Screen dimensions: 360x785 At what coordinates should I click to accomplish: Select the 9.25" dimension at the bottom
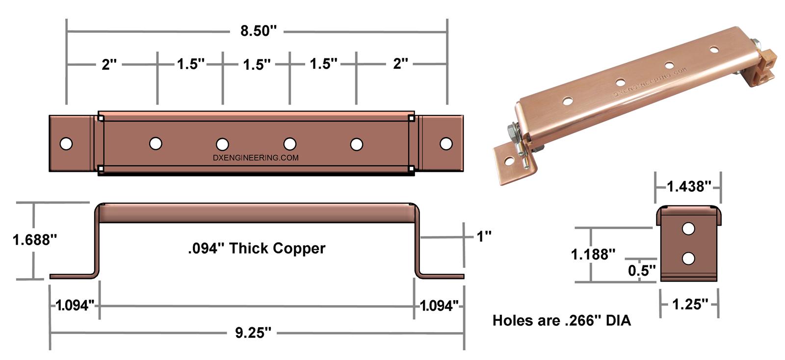click(x=253, y=334)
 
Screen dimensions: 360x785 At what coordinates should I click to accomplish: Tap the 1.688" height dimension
click(x=35, y=240)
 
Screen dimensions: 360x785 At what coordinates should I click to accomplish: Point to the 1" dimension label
click(x=484, y=236)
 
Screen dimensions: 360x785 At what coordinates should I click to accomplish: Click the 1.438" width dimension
click(x=689, y=186)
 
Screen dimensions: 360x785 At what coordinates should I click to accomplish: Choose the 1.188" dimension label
click(x=593, y=255)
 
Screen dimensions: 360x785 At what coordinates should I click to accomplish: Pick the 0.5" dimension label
click(x=641, y=271)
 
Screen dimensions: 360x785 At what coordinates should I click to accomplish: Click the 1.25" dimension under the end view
click(x=690, y=305)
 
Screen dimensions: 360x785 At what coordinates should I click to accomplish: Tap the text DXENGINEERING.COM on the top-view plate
click(x=256, y=158)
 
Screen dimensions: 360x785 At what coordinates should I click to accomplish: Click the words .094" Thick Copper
click(x=256, y=249)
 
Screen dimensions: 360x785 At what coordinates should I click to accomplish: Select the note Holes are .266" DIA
click(x=561, y=321)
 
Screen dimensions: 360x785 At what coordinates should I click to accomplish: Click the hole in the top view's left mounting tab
click(x=66, y=144)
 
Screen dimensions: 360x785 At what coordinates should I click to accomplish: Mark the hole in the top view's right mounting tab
click(x=446, y=144)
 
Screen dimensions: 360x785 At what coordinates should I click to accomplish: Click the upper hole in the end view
click(x=688, y=229)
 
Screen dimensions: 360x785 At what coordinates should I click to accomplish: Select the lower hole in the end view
click(x=688, y=258)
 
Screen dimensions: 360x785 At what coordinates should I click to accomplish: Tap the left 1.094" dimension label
click(x=75, y=306)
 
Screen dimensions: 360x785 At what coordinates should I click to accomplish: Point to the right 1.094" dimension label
click(x=439, y=306)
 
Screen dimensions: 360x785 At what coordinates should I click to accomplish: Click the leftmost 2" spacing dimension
click(x=109, y=64)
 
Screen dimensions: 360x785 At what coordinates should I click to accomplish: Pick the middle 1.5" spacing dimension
click(x=257, y=64)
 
